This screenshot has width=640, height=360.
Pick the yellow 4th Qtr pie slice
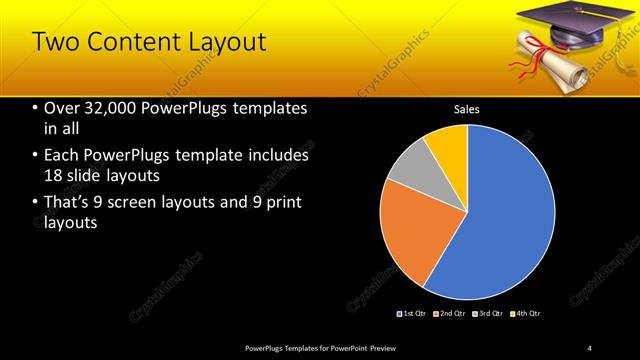click(x=448, y=145)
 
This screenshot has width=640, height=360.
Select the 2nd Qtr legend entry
click(x=450, y=314)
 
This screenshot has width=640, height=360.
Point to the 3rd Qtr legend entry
click(x=488, y=314)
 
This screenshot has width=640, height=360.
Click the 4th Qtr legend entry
click(x=526, y=314)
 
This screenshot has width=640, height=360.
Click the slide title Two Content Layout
click(x=149, y=42)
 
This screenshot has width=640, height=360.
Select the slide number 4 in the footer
click(x=590, y=347)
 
